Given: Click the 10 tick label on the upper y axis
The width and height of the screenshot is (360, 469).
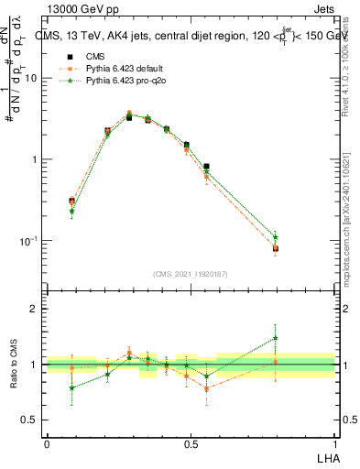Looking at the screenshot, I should tap(31, 78).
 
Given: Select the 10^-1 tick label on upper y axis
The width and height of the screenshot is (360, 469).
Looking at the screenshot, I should tap(29, 241).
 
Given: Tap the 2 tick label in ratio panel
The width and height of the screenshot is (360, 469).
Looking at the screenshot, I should tap(34, 310).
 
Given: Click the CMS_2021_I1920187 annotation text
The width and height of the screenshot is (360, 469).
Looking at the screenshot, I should tap(191, 273).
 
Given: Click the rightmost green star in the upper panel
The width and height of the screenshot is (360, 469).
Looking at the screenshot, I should tap(275, 237).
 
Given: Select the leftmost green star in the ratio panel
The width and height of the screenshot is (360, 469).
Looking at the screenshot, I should tap(71, 387).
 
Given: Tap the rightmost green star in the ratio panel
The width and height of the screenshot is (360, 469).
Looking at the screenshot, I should tap(275, 338).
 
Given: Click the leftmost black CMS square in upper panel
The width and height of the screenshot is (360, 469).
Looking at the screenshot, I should tap(71, 201).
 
